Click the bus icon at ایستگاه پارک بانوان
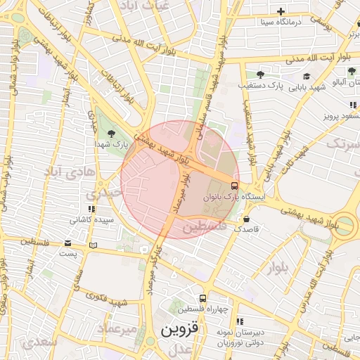(x=234, y=186)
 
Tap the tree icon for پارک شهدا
(x=110, y=132)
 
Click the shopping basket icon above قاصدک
(x=246, y=219)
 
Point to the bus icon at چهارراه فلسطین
(x=202, y=298)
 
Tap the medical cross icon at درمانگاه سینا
(x=281, y=11)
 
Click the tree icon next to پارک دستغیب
(x=260, y=74)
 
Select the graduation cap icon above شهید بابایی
(x=306, y=76)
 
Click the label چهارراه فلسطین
(x=203, y=309)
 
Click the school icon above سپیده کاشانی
(x=91, y=209)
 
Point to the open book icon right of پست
(x=94, y=245)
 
